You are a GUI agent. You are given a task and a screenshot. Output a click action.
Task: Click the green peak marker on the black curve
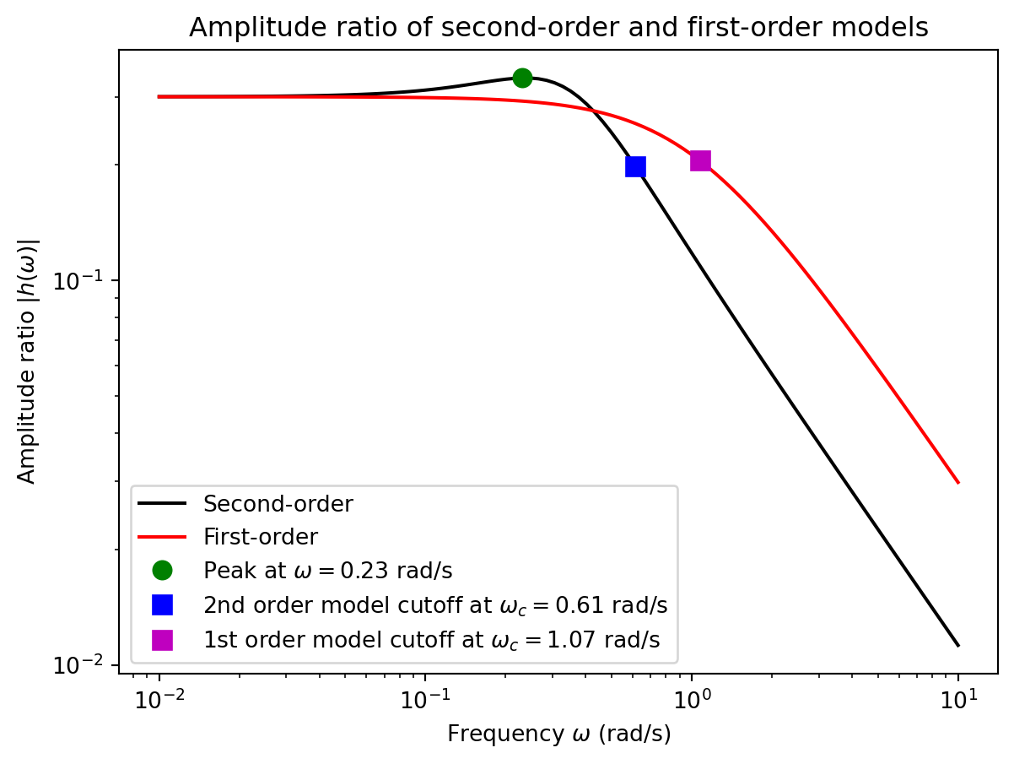[522, 78]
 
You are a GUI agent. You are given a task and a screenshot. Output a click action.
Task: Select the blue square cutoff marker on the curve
[635, 166]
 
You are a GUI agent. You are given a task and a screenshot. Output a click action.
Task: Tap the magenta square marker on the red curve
[700, 160]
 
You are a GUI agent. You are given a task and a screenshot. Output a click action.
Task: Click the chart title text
[558, 28]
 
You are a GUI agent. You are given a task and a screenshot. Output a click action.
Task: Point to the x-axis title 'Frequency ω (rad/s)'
[558, 734]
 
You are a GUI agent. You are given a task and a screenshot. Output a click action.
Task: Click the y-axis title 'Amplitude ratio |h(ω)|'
[28, 361]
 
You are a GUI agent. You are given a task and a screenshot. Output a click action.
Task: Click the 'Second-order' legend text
[278, 504]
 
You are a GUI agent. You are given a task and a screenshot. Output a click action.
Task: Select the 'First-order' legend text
[260, 537]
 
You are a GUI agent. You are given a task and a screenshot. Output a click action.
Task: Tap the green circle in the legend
[162, 571]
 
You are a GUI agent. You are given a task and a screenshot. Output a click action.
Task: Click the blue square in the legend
[162, 604]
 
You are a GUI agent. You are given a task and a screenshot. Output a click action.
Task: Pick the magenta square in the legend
[162, 640]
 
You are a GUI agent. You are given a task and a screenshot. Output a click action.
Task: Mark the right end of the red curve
[958, 483]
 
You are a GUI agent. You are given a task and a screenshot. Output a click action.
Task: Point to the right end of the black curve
[958, 646]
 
